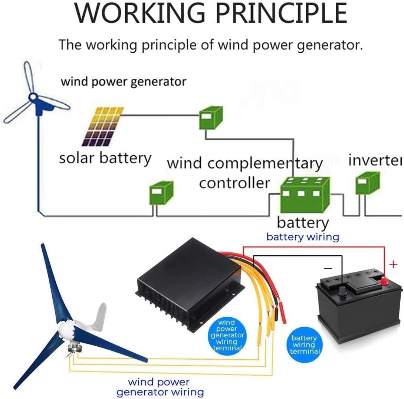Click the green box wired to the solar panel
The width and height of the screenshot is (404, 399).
(x=210, y=118)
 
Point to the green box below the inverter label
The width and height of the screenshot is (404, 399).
(x=367, y=183)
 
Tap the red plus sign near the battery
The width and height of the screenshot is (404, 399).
(x=393, y=264)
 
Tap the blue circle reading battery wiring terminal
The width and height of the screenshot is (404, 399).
(x=304, y=344)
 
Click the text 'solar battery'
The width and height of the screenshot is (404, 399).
(x=105, y=158)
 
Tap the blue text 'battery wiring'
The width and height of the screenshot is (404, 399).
(x=303, y=237)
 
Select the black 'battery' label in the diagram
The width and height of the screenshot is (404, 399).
(x=303, y=223)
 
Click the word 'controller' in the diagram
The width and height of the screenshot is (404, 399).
(x=234, y=183)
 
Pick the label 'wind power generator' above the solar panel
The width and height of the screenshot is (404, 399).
(x=124, y=81)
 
